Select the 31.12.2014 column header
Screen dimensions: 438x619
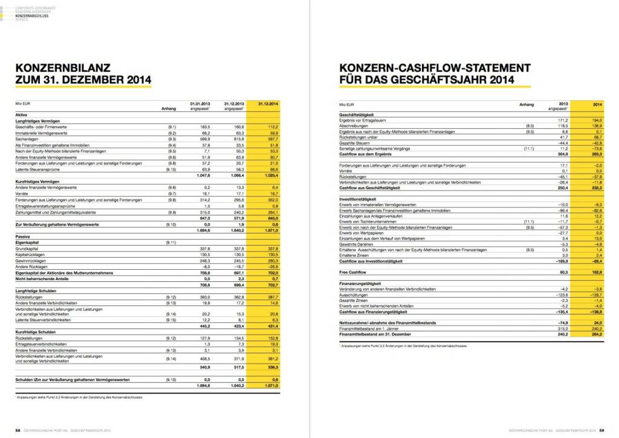coord(267,104)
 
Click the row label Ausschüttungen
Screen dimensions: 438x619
coord(356,295)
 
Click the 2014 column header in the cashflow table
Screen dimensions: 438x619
coord(595,104)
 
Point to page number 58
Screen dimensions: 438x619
coord(18,430)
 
